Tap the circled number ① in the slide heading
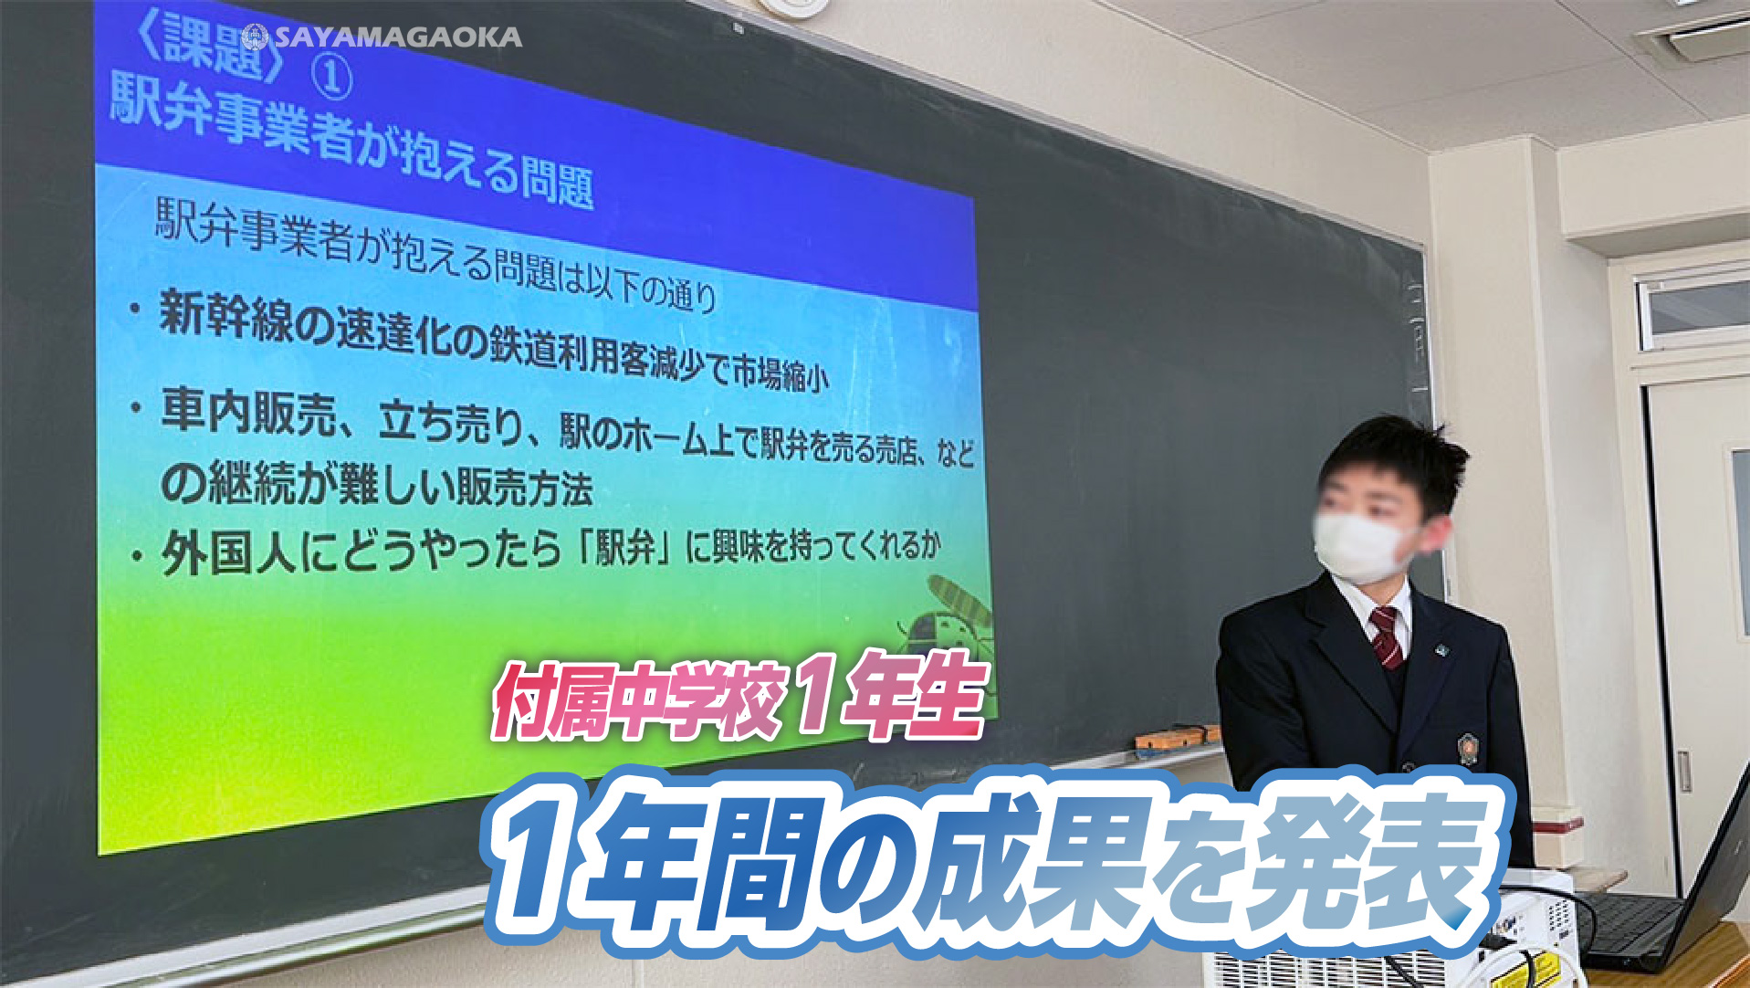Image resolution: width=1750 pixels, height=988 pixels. (x=330, y=78)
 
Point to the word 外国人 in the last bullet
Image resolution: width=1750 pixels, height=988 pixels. (x=228, y=552)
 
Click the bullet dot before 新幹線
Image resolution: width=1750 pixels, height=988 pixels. (x=135, y=310)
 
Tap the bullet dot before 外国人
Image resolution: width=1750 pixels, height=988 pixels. (x=136, y=556)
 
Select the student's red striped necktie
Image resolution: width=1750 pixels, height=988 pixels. (x=1387, y=636)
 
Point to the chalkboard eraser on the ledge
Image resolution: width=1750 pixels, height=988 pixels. (x=1177, y=735)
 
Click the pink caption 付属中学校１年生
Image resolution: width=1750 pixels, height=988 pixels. (x=739, y=699)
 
